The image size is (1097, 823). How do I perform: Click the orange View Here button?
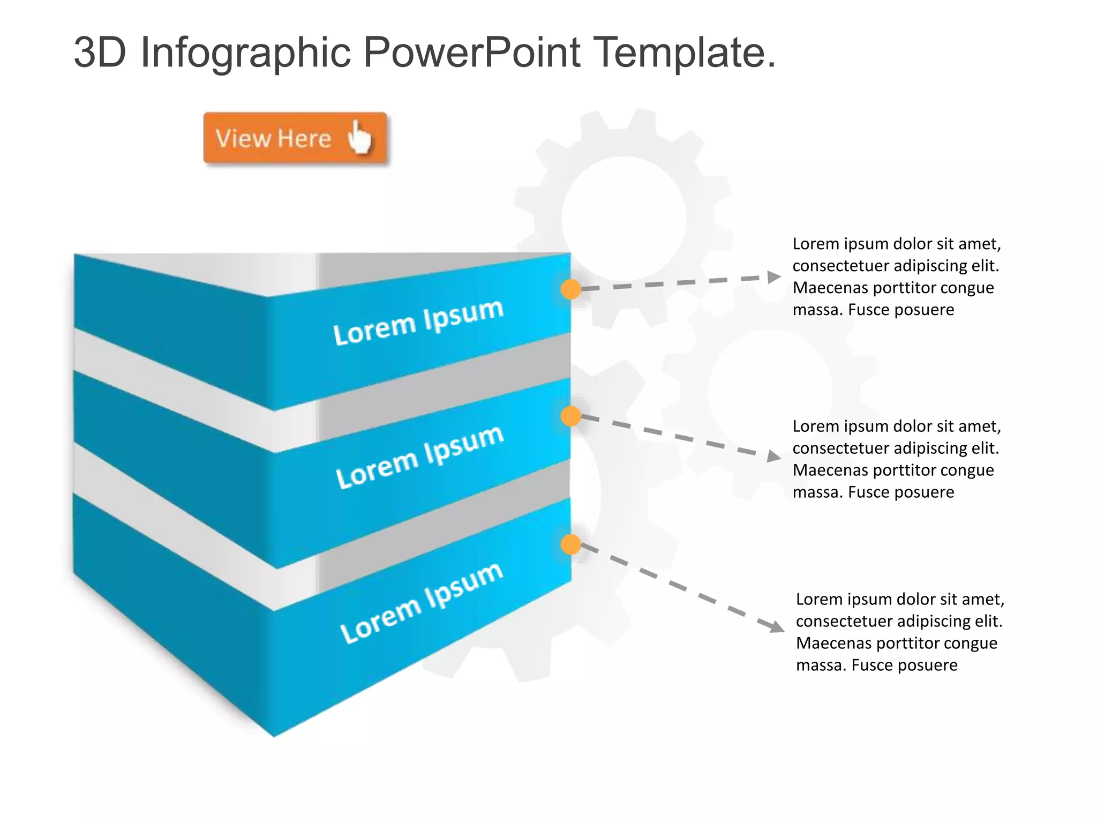click(x=295, y=138)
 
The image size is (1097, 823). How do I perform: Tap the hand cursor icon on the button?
click(x=359, y=137)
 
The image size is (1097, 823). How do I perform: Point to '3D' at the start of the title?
click(x=100, y=53)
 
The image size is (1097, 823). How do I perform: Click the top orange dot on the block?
click(x=570, y=289)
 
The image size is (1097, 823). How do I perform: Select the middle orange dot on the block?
click(x=570, y=416)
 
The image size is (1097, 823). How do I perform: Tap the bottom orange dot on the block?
click(x=570, y=544)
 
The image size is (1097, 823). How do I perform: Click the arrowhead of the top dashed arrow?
click(x=773, y=276)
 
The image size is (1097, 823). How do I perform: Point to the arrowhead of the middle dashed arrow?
click(x=773, y=456)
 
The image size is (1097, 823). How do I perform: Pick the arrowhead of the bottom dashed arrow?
click(x=777, y=625)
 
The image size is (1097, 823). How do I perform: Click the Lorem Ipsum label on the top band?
click(x=418, y=322)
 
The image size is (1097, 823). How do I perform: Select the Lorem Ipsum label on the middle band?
click(x=419, y=457)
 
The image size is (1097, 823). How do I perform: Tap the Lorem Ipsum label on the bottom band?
click(x=422, y=602)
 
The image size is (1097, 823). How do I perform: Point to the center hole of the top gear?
click(x=623, y=218)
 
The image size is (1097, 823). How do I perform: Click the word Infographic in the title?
click(x=245, y=53)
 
